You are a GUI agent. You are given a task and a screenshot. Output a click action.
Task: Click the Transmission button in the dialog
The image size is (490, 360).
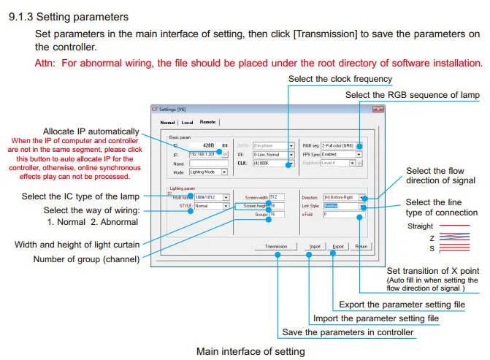click(275, 247)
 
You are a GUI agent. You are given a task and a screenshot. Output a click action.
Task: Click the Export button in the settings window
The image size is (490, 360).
click(338, 247)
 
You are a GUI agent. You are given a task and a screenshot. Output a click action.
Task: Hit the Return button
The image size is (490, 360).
click(361, 247)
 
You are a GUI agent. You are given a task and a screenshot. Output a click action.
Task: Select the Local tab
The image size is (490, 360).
click(187, 122)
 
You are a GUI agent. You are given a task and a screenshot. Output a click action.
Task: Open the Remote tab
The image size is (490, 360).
click(207, 122)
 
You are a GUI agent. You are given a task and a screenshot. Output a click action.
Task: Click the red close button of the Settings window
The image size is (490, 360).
click(377, 110)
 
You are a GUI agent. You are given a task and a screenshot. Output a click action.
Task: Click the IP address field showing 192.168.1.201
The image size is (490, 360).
click(204, 155)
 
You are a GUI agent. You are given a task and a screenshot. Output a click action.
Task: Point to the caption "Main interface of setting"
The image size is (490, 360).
click(250, 351)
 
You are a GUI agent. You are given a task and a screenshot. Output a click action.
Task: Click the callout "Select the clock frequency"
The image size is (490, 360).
click(340, 79)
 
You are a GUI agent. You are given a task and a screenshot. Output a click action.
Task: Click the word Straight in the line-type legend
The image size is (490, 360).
click(420, 226)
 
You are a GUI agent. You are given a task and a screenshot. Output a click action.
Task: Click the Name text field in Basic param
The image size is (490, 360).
click(204, 164)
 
